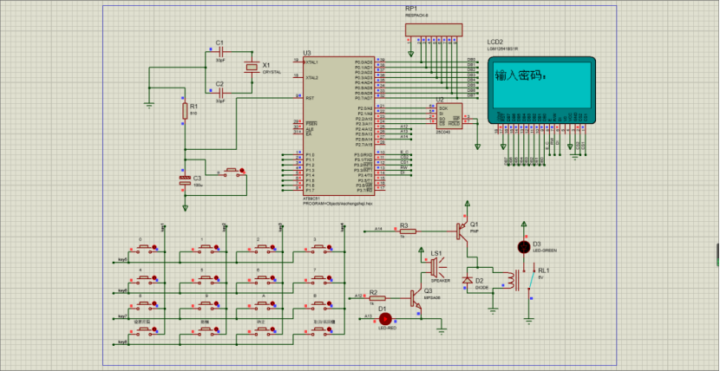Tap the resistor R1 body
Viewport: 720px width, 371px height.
(x=184, y=111)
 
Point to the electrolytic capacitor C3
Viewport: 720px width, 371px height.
(x=184, y=179)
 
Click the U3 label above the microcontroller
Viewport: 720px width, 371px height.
(x=307, y=53)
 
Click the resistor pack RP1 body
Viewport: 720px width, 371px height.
(x=431, y=29)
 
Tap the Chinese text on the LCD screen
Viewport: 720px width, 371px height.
(x=519, y=76)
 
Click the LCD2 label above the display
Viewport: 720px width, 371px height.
(x=495, y=42)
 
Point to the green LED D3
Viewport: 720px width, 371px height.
(x=523, y=247)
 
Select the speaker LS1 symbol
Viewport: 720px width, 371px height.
(x=435, y=263)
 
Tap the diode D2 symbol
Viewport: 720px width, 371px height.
(x=468, y=280)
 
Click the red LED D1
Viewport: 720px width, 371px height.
(x=385, y=318)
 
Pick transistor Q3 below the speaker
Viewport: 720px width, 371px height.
(x=417, y=299)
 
